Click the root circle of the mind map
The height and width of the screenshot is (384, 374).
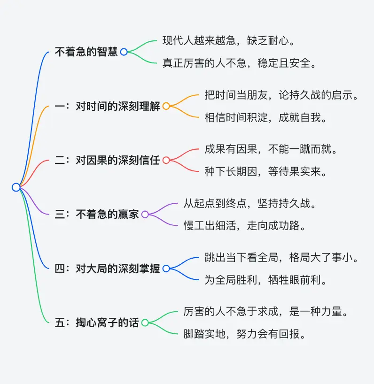tap(16, 187)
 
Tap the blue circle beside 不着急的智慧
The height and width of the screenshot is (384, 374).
tap(124, 52)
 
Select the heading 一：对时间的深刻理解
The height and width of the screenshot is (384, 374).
tap(107, 106)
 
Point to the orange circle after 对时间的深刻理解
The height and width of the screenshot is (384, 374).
tap(166, 107)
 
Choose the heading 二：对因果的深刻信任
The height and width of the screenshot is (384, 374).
tap(107, 160)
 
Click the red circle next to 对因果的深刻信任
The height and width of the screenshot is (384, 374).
tap(166, 161)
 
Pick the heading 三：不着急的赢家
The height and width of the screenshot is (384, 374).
tap(97, 214)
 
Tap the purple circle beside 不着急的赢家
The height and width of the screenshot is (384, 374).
tap(145, 215)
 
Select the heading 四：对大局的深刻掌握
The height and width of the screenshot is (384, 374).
tap(107, 269)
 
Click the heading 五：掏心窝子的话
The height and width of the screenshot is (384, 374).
tap(97, 323)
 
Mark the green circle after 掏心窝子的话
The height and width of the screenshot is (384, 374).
tap(145, 323)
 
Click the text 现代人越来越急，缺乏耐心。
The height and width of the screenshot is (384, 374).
tap(229, 40)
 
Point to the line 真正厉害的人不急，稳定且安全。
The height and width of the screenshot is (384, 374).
tap(240, 63)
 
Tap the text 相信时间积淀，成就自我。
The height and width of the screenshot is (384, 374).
tap(266, 117)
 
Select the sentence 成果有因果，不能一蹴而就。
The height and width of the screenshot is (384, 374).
tap(271, 149)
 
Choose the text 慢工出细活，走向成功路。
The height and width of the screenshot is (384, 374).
tap(245, 225)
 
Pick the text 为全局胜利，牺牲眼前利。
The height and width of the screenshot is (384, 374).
tap(266, 280)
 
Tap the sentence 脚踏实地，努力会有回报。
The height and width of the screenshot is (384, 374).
tap(245, 334)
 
